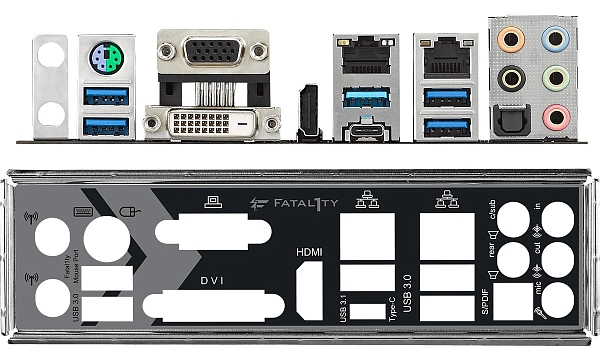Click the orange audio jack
tap(512, 41)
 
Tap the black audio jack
tap(512, 77)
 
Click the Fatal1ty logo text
tap(300, 201)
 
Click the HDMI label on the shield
tap(309, 252)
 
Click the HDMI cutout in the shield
tap(309, 295)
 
